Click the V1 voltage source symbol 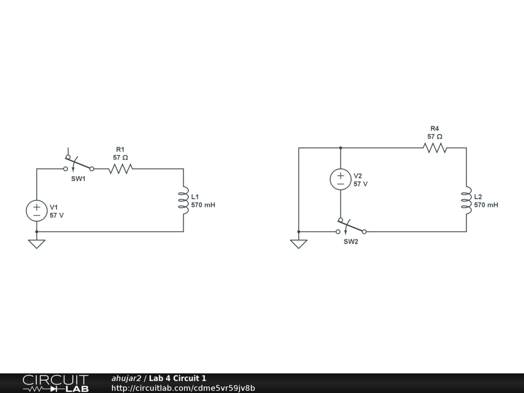pos(37,210)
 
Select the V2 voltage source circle pos(340,179)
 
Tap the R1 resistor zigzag pos(120,168)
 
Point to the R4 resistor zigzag pos(434,148)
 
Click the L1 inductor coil pos(183,200)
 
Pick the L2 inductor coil pos(466,200)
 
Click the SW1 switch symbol pos(78,165)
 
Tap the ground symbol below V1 pos(37,244)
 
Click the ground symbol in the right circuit pos(298,244)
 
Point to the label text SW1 pos(78,179)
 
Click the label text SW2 pos(351,242)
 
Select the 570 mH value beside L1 pos(203,205)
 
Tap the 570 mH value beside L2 pos(486,205)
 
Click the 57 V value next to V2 pos(360,184)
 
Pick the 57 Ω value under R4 pos(434,137)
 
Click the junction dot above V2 pos(340,148)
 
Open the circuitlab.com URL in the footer pos(183,388)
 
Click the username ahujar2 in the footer pos(126,378)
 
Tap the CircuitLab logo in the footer pos(55,383)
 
